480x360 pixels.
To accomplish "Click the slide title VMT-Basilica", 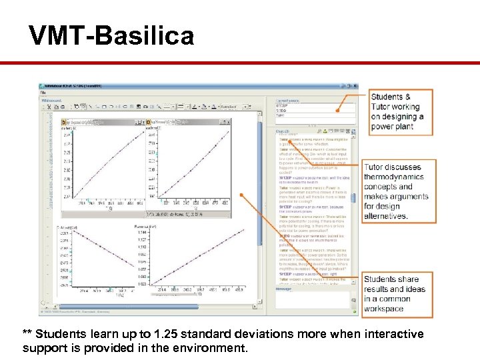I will coord(111,35).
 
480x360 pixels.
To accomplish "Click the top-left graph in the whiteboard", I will coord(103,167).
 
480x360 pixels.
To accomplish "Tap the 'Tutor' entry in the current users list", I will coord(281,115).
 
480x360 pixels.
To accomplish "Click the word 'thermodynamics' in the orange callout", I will coord(402,177).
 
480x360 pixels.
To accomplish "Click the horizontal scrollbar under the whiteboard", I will coord(153,307).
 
